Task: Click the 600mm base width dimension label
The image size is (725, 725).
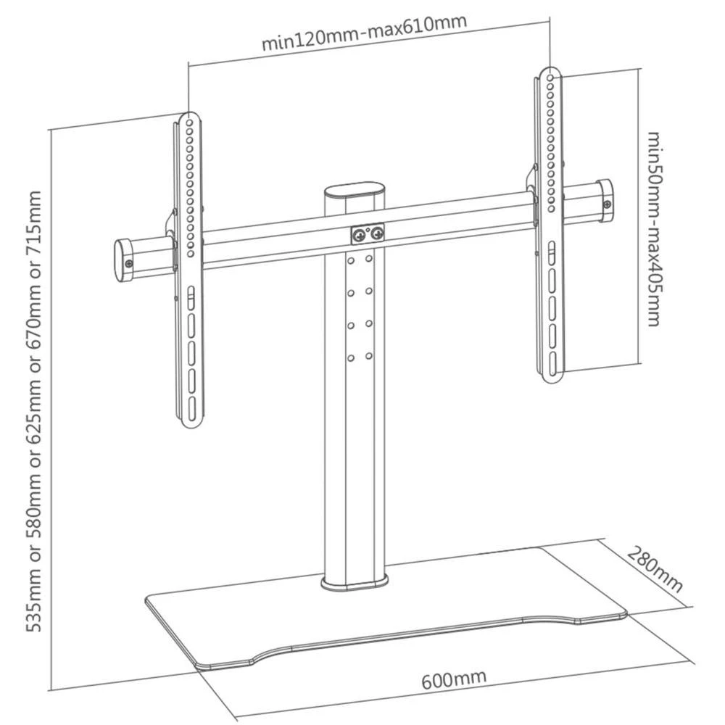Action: click(x=454, y=679)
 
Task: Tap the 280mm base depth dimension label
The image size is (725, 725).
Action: click(x=655, y=570)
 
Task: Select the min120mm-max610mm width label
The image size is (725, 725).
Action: click(x=364, y=33)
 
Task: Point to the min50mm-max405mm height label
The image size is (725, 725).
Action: click(x=653, y=228)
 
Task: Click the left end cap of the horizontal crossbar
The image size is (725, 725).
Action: click(x=123, y=260)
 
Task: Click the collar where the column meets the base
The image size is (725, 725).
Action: click(x=353, y=581)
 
